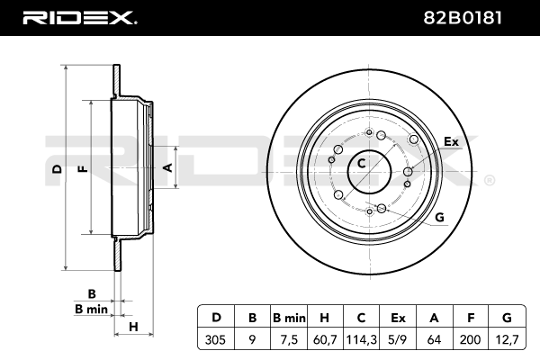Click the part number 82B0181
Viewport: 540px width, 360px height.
(x=472, y=17)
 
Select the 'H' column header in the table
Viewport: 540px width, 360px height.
(x=323, y=317)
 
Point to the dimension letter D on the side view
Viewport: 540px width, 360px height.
(x=56, y=169)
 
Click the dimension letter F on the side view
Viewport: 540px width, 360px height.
(x=82, y=169)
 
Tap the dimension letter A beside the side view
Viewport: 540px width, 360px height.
(x=166, y=167)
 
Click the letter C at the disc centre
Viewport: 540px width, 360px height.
(x=362, y=163)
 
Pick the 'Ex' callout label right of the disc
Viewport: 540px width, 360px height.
(x=451, y=142)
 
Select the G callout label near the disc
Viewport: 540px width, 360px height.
(x=439, y=217)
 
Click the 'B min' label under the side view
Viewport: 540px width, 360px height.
(x=91, y=310)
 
